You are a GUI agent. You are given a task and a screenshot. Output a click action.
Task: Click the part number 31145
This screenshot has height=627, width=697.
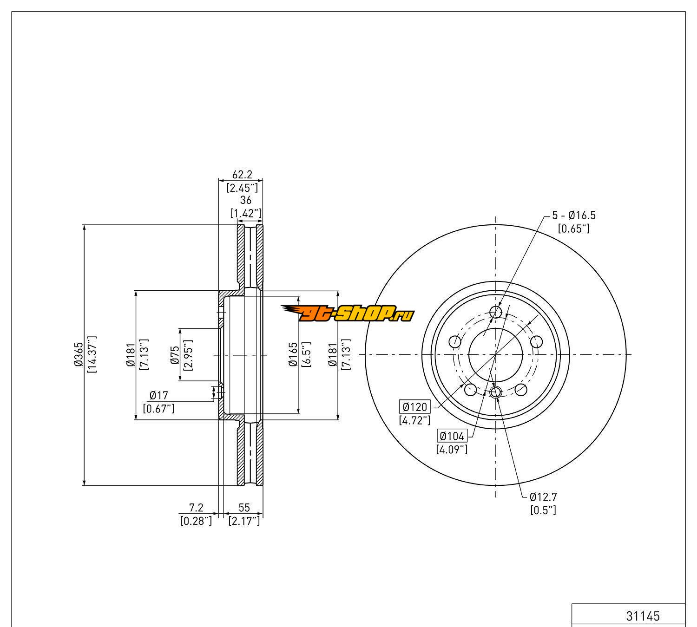point(643,616)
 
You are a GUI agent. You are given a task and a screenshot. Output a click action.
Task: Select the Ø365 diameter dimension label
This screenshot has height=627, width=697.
point(78,355)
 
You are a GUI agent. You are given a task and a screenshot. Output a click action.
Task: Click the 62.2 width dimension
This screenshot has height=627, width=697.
point(242,175)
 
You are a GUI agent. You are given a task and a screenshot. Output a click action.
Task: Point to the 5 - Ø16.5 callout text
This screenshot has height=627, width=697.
point(573,215)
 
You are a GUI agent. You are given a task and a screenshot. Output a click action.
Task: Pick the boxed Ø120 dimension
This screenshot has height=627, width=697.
point(415,407)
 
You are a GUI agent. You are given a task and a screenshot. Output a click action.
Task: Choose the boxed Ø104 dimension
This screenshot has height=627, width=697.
point(452,436)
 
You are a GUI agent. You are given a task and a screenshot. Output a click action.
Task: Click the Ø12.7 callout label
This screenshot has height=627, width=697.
point(543,497)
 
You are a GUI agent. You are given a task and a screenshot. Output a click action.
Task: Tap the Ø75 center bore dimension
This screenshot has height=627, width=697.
point(175,354)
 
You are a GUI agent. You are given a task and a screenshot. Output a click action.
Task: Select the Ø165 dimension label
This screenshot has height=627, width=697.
point(293,354)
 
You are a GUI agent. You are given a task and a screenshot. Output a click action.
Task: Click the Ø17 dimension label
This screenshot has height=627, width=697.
point(158,395)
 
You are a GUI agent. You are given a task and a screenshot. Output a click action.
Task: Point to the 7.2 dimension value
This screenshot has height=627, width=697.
point(196,508)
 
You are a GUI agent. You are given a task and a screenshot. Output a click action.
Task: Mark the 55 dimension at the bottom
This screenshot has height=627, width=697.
point(244,508)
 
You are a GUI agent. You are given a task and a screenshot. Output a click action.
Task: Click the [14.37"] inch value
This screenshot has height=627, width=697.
point(91,355)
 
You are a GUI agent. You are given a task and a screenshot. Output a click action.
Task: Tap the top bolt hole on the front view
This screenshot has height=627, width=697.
point(496,312)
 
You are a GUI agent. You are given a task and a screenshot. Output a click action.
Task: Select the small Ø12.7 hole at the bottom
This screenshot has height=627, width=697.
point(495,392)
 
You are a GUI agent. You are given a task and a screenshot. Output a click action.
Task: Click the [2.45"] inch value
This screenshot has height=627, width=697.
point(242,188)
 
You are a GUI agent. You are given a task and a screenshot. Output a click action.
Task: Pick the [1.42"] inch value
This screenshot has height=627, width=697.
point(246,213)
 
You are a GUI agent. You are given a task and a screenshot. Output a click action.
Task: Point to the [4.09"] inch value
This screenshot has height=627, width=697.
point(452,449)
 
